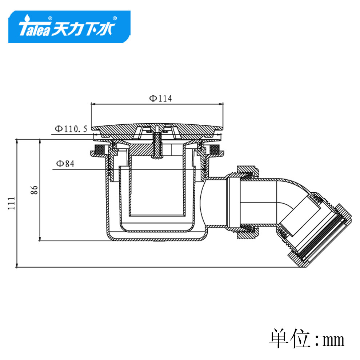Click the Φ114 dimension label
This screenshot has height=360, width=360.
[160, 98]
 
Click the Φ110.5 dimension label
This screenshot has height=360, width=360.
[71, 129]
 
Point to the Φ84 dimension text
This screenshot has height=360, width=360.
[65, 164]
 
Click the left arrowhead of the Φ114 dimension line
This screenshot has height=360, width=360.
[92, 104]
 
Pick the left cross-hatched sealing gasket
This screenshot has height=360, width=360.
[100, 149]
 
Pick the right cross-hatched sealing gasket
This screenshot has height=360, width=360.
[214, 149]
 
